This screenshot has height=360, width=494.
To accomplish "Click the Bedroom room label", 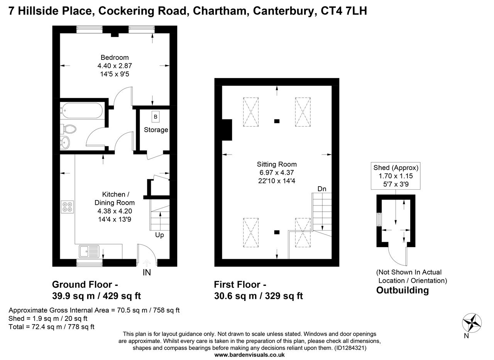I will pos(115,58).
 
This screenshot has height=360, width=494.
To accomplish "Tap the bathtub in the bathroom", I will pos(82,112).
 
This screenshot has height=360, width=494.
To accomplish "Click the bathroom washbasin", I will pos(66,143).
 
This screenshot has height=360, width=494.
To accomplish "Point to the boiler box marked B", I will pos(156,117).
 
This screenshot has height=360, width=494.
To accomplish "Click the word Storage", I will pos(156,130).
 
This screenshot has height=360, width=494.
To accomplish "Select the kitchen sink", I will pos(89,251).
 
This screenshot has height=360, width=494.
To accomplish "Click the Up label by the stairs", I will pos(159,235).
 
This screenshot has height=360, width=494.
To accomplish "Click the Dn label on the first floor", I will pos(322,189).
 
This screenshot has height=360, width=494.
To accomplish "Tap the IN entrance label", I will pos(147,272).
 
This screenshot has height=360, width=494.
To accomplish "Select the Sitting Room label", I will pos(277,165).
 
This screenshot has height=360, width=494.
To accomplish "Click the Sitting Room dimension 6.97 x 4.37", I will pos(277,173).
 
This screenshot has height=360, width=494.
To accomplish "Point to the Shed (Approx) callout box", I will pos(396,176).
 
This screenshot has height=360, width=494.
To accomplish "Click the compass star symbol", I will pos(472,323).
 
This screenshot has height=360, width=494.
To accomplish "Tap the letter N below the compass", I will pos(466,336).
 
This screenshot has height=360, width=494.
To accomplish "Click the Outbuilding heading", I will pos(402,290).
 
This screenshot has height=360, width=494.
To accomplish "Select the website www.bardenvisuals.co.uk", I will pos(249,355).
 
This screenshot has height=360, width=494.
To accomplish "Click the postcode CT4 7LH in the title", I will pos(344,11).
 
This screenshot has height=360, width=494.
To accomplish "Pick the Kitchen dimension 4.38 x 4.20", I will pos(115,211).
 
